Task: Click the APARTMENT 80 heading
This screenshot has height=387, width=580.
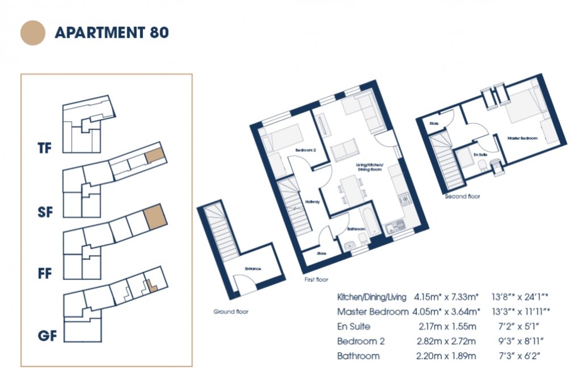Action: click(x=111, y=32)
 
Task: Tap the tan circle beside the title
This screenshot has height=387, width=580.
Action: click(x=32, y=32)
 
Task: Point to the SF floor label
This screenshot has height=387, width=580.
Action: click(x=45, y=212)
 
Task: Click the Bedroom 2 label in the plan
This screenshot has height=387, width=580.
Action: click(x=305, y=150)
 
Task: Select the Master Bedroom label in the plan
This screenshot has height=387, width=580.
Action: click(x=522, y=138)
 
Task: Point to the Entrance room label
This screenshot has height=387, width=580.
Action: click(x=252, y=269)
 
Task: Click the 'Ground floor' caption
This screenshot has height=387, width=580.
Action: click(x=231, y=312)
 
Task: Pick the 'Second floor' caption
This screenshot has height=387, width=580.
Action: click(x=462, y=196)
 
